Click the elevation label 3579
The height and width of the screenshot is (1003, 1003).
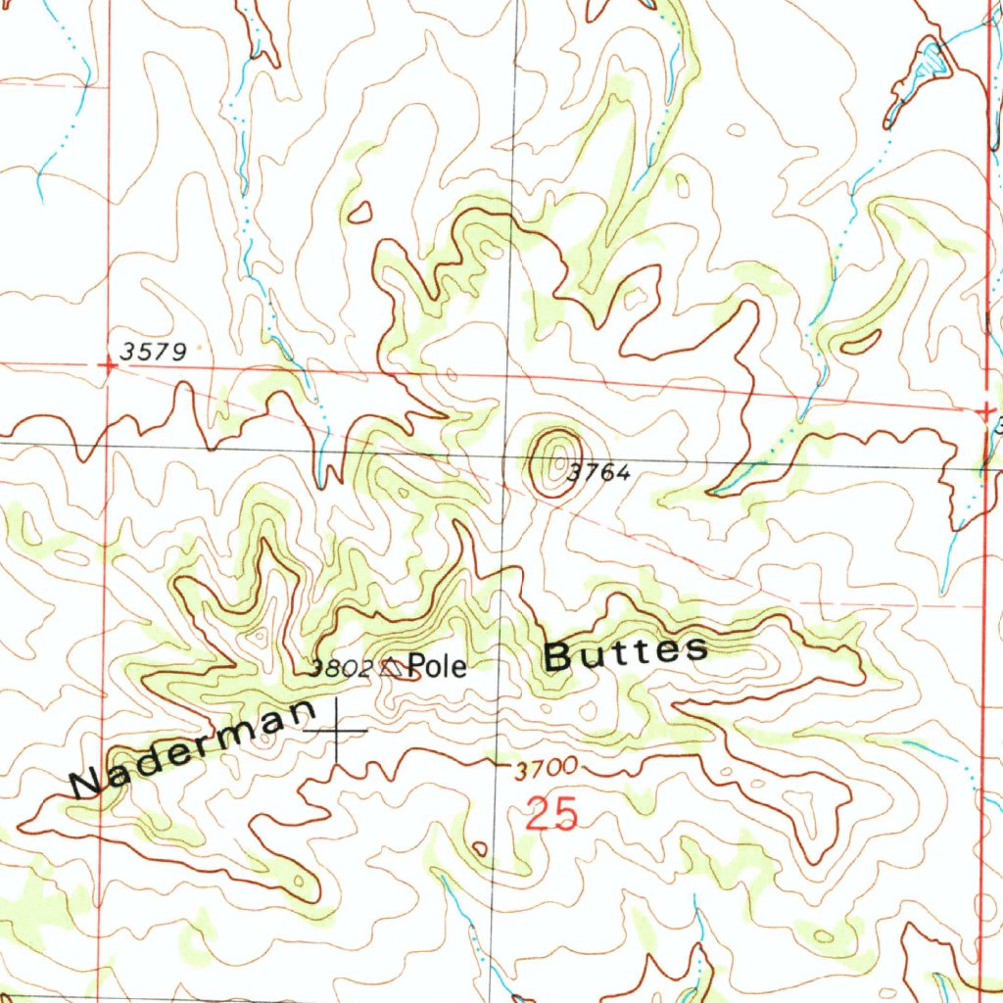click(154, 351)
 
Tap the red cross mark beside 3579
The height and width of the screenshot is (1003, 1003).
click(108, 364)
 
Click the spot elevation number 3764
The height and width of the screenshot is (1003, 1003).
click(598, 473)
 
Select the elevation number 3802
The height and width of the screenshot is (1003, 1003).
click(340, 670)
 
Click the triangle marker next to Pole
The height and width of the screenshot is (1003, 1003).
click(392, 668)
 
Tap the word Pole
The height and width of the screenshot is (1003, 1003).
click(438, 668)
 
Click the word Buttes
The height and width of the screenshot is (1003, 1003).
click(625, 653)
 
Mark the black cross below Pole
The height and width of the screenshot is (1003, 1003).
click(336, 731)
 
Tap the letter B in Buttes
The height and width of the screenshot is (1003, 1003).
click(557, 657)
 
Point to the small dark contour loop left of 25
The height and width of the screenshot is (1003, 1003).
click(479, 847)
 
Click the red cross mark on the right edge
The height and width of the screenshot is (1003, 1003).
click(986, 411)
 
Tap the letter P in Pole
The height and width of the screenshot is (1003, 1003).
click(416, 668)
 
